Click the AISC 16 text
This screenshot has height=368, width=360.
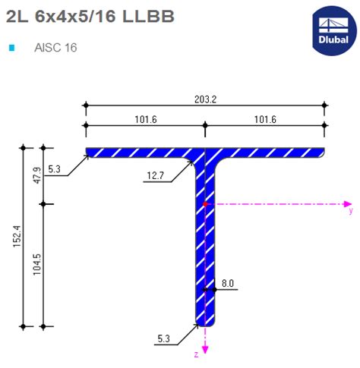tap(55, 48)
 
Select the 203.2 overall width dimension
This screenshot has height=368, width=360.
tap(205, 99)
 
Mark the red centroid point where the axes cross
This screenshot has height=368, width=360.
tap(205, 204)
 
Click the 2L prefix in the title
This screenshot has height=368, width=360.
tap(14, 16)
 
